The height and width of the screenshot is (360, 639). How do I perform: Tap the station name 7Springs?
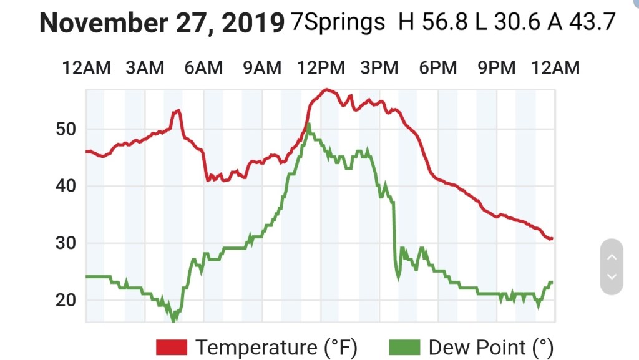pos(338,23)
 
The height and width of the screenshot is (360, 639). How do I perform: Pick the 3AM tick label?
pos(145,67)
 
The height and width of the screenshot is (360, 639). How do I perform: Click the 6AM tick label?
pos(203,67)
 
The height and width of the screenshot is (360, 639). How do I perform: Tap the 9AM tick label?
pos(262,67)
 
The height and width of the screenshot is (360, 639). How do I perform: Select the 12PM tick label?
pos(321,67)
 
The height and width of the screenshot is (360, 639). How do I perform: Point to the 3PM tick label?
pos(379,67)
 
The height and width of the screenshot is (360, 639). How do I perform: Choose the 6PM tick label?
pos(438,67)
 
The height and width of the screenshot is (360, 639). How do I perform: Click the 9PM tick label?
pos(497,67)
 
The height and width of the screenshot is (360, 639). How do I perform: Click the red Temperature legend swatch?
pos(172,347)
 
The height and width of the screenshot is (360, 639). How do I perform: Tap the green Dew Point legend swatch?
pos(404,347)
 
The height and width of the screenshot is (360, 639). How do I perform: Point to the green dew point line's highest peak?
pos(308,125)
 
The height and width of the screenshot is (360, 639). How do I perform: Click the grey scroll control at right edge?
pos(612,266)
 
